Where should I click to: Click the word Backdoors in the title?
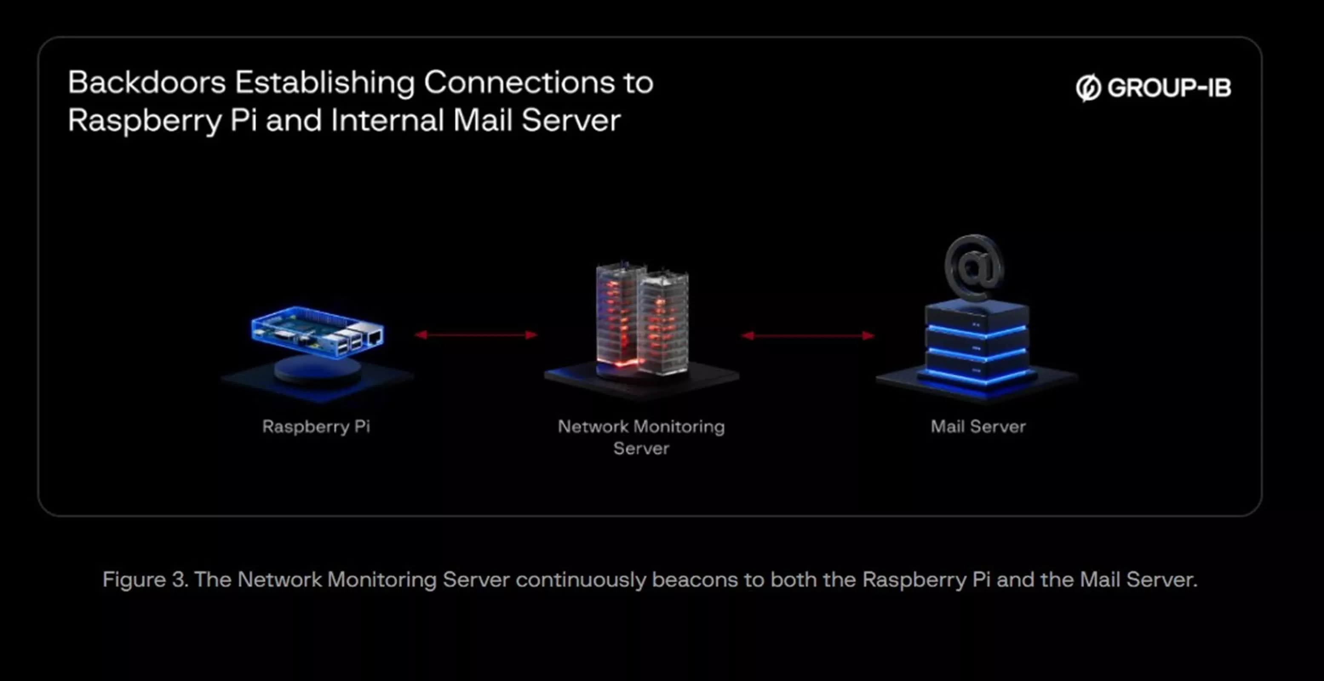(x=146, y=82)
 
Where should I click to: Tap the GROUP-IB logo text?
(x=1169, y=88)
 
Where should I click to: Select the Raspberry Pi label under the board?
(x=316, y=427)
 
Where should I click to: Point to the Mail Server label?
(x=978, y=426)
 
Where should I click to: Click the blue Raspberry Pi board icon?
(x=318, y=332)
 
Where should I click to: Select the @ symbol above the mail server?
(x=974, y=267)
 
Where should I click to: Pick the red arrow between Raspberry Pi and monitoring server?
(x=476, y=335)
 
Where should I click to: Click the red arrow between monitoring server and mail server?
(x=808, y=336)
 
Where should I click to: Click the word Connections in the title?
(x=519, y=82)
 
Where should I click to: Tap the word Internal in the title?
(x=387, y=120)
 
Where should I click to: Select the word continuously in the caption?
(x=581, y=580)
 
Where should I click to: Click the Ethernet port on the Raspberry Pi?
(x=374, y=337)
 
